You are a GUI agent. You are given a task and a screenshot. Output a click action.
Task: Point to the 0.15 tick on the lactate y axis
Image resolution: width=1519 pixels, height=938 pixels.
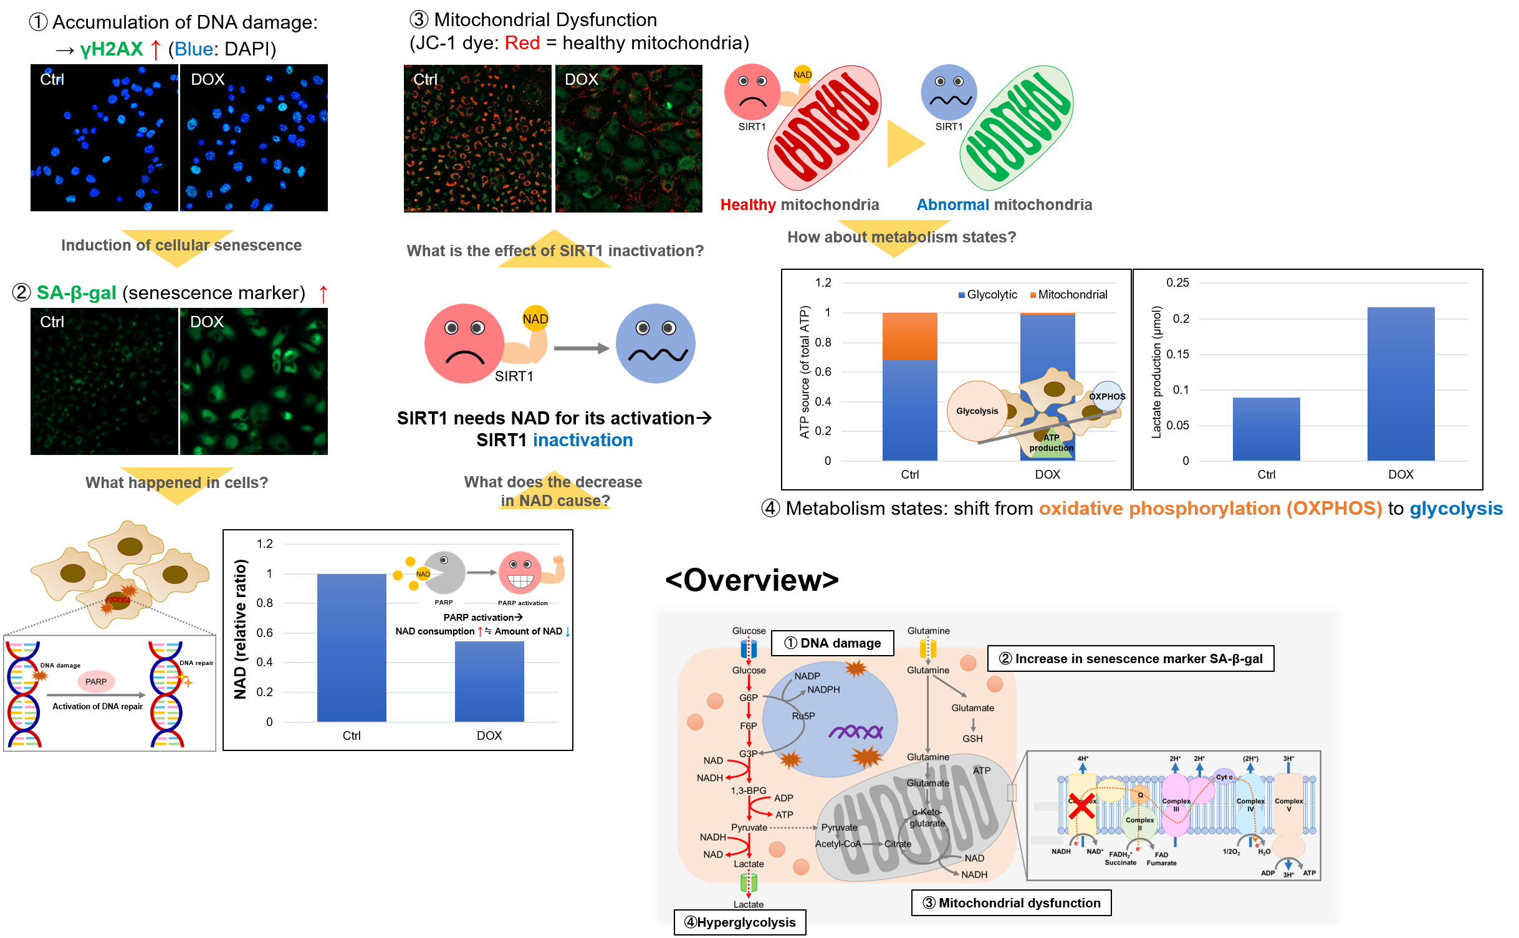click(1177, 354)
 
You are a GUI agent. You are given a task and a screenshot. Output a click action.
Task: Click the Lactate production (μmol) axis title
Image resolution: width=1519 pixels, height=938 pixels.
click(1157, 371)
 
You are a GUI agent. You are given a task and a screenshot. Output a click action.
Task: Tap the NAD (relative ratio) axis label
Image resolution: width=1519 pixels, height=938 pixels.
click(240, 629)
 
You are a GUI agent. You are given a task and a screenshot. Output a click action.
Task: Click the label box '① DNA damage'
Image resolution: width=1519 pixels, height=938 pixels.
click(832, 643)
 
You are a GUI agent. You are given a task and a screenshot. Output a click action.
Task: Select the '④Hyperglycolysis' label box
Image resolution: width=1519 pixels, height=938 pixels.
click(740, 922)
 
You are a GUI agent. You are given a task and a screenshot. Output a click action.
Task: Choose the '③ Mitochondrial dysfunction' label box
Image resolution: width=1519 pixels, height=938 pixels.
click(1011, 903)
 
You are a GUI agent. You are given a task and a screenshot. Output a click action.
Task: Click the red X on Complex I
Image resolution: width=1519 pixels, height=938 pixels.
click(1081, 806)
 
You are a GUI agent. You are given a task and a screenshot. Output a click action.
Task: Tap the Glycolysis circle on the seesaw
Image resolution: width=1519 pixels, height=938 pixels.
click(977, 411)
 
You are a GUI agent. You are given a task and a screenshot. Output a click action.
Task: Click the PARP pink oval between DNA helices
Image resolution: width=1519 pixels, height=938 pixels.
click(96, 681)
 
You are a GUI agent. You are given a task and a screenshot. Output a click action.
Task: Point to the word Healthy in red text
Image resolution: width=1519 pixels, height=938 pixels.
click(747, 204)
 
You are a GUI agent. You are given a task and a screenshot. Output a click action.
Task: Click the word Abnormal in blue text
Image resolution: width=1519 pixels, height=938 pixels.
click(952, 204)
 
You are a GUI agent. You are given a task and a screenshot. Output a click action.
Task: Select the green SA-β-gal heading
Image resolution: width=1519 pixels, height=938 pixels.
click(76, 293)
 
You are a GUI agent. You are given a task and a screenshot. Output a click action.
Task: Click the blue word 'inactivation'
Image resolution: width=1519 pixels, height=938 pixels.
click(583, 440)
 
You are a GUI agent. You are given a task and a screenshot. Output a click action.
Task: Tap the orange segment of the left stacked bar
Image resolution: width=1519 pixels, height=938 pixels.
click(909, 337)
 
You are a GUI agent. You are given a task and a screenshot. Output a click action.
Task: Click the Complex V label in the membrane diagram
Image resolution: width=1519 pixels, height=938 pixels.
click(1288, 805)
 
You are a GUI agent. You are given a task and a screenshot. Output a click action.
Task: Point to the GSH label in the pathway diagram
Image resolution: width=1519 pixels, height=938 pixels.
click(972, 739)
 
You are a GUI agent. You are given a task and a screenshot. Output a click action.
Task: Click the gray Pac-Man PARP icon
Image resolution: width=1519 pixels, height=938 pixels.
click(444, 573)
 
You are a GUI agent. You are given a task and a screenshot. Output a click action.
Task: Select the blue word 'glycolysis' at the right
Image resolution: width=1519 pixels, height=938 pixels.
click(1456, 509)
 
